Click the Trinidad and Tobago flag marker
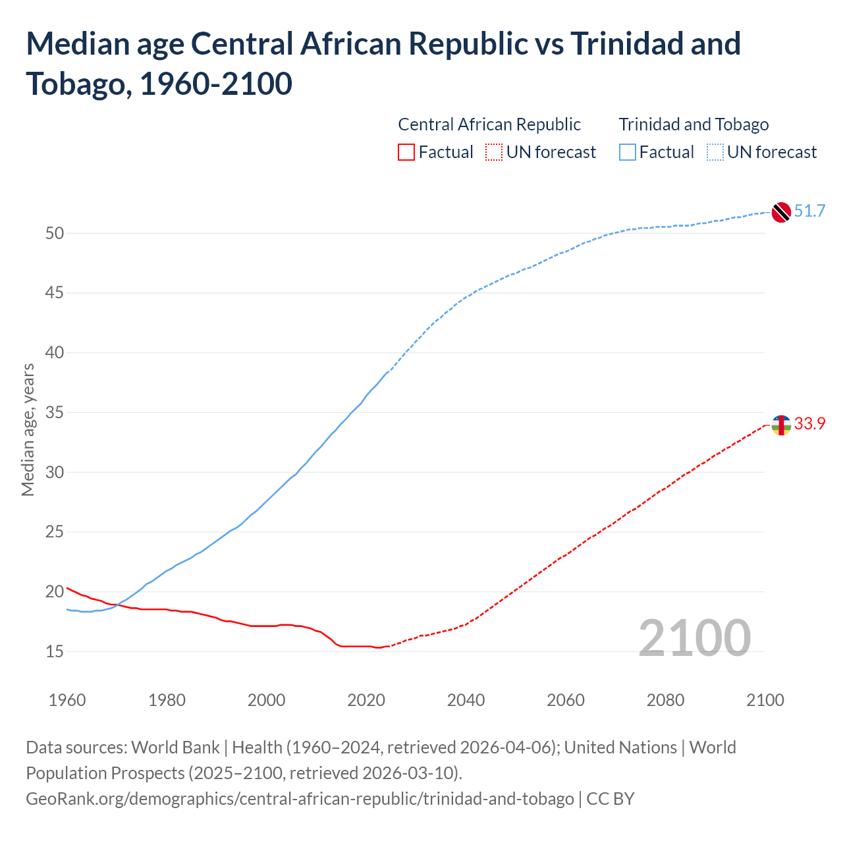click(x=781, y=212)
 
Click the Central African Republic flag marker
click(x=781, y=425)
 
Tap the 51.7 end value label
click(x=809, y=211)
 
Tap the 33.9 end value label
click(x=809, y=423)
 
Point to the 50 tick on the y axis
click(x=55, y=233)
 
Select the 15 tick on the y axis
click(x=55, y=651)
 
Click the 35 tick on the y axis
click(x=55, y=413)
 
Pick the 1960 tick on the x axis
click(x=67, y=699)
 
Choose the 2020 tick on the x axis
click(x=366, y=699)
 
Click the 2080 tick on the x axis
click(x=665, y=699)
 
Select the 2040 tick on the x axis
click(x=466, y=699)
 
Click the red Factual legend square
click(x=406, y=153)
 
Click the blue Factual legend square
click(x=628, y=153)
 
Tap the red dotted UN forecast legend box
click(x=494, y=153)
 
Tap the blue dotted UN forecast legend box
click(x=715, y=153)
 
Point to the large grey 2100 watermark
click(x=695, y=638)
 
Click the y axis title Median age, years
click(x=28, y=429)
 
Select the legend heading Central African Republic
click(x=489, y=124)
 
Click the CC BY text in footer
click(x=611, y=799)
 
